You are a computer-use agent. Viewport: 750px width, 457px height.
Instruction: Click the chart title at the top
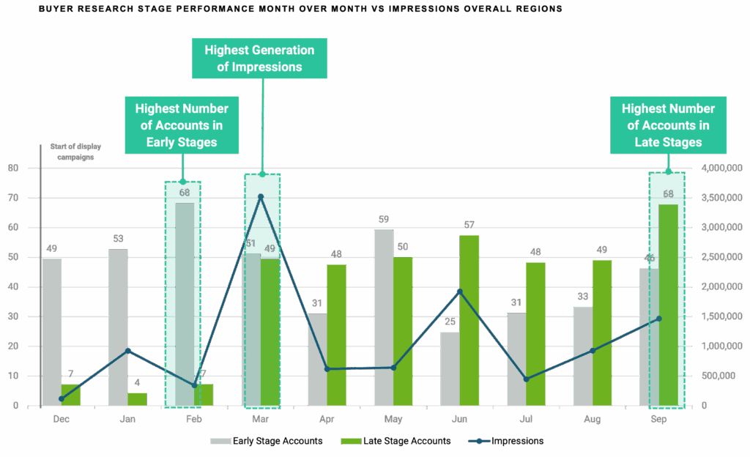point(300,10)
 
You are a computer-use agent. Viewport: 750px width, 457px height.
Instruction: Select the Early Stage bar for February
point(184,304)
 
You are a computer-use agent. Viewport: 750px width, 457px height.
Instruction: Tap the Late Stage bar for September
point(669,304)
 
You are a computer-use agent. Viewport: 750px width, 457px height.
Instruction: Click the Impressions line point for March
point(261,196)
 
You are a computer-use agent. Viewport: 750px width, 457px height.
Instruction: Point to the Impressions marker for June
point(459,291)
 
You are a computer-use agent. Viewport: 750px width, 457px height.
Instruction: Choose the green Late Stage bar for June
point(469,320)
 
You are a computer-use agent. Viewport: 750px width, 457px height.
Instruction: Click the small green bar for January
point(137,398)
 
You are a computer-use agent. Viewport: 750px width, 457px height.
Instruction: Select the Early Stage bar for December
point(51,332)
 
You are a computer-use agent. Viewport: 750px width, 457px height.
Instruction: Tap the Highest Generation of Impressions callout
point(259,59)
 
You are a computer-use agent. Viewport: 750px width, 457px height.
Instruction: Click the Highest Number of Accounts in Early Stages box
point(181,125)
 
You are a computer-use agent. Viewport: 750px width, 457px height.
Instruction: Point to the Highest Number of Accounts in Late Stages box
point(668,125)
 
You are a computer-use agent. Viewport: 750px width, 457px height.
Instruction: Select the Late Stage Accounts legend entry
point(395,441)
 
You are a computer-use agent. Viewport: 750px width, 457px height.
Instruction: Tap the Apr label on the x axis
point(326,420)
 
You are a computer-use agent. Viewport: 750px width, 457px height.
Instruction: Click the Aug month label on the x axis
point(593,420)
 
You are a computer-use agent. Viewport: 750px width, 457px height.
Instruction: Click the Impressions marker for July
point(526,379)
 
